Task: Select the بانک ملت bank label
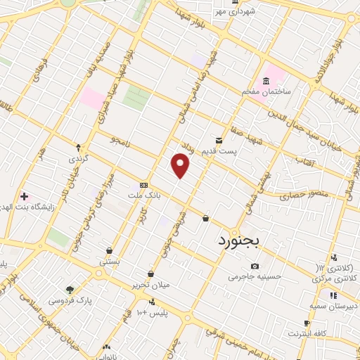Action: click(x=144, y=194)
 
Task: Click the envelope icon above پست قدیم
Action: click(x=220, y=140)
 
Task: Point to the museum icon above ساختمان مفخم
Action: click(x=266, y=81)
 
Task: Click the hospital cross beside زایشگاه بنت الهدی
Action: click(x=25, y=195)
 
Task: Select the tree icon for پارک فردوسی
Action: click(x=70, y=288)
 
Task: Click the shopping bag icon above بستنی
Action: click(x=110, y=250)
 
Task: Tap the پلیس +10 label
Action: click(x=151, y=311)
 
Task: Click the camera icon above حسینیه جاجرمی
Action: click(x=254, y=266)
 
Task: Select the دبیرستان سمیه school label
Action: click(x=331, y=307)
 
